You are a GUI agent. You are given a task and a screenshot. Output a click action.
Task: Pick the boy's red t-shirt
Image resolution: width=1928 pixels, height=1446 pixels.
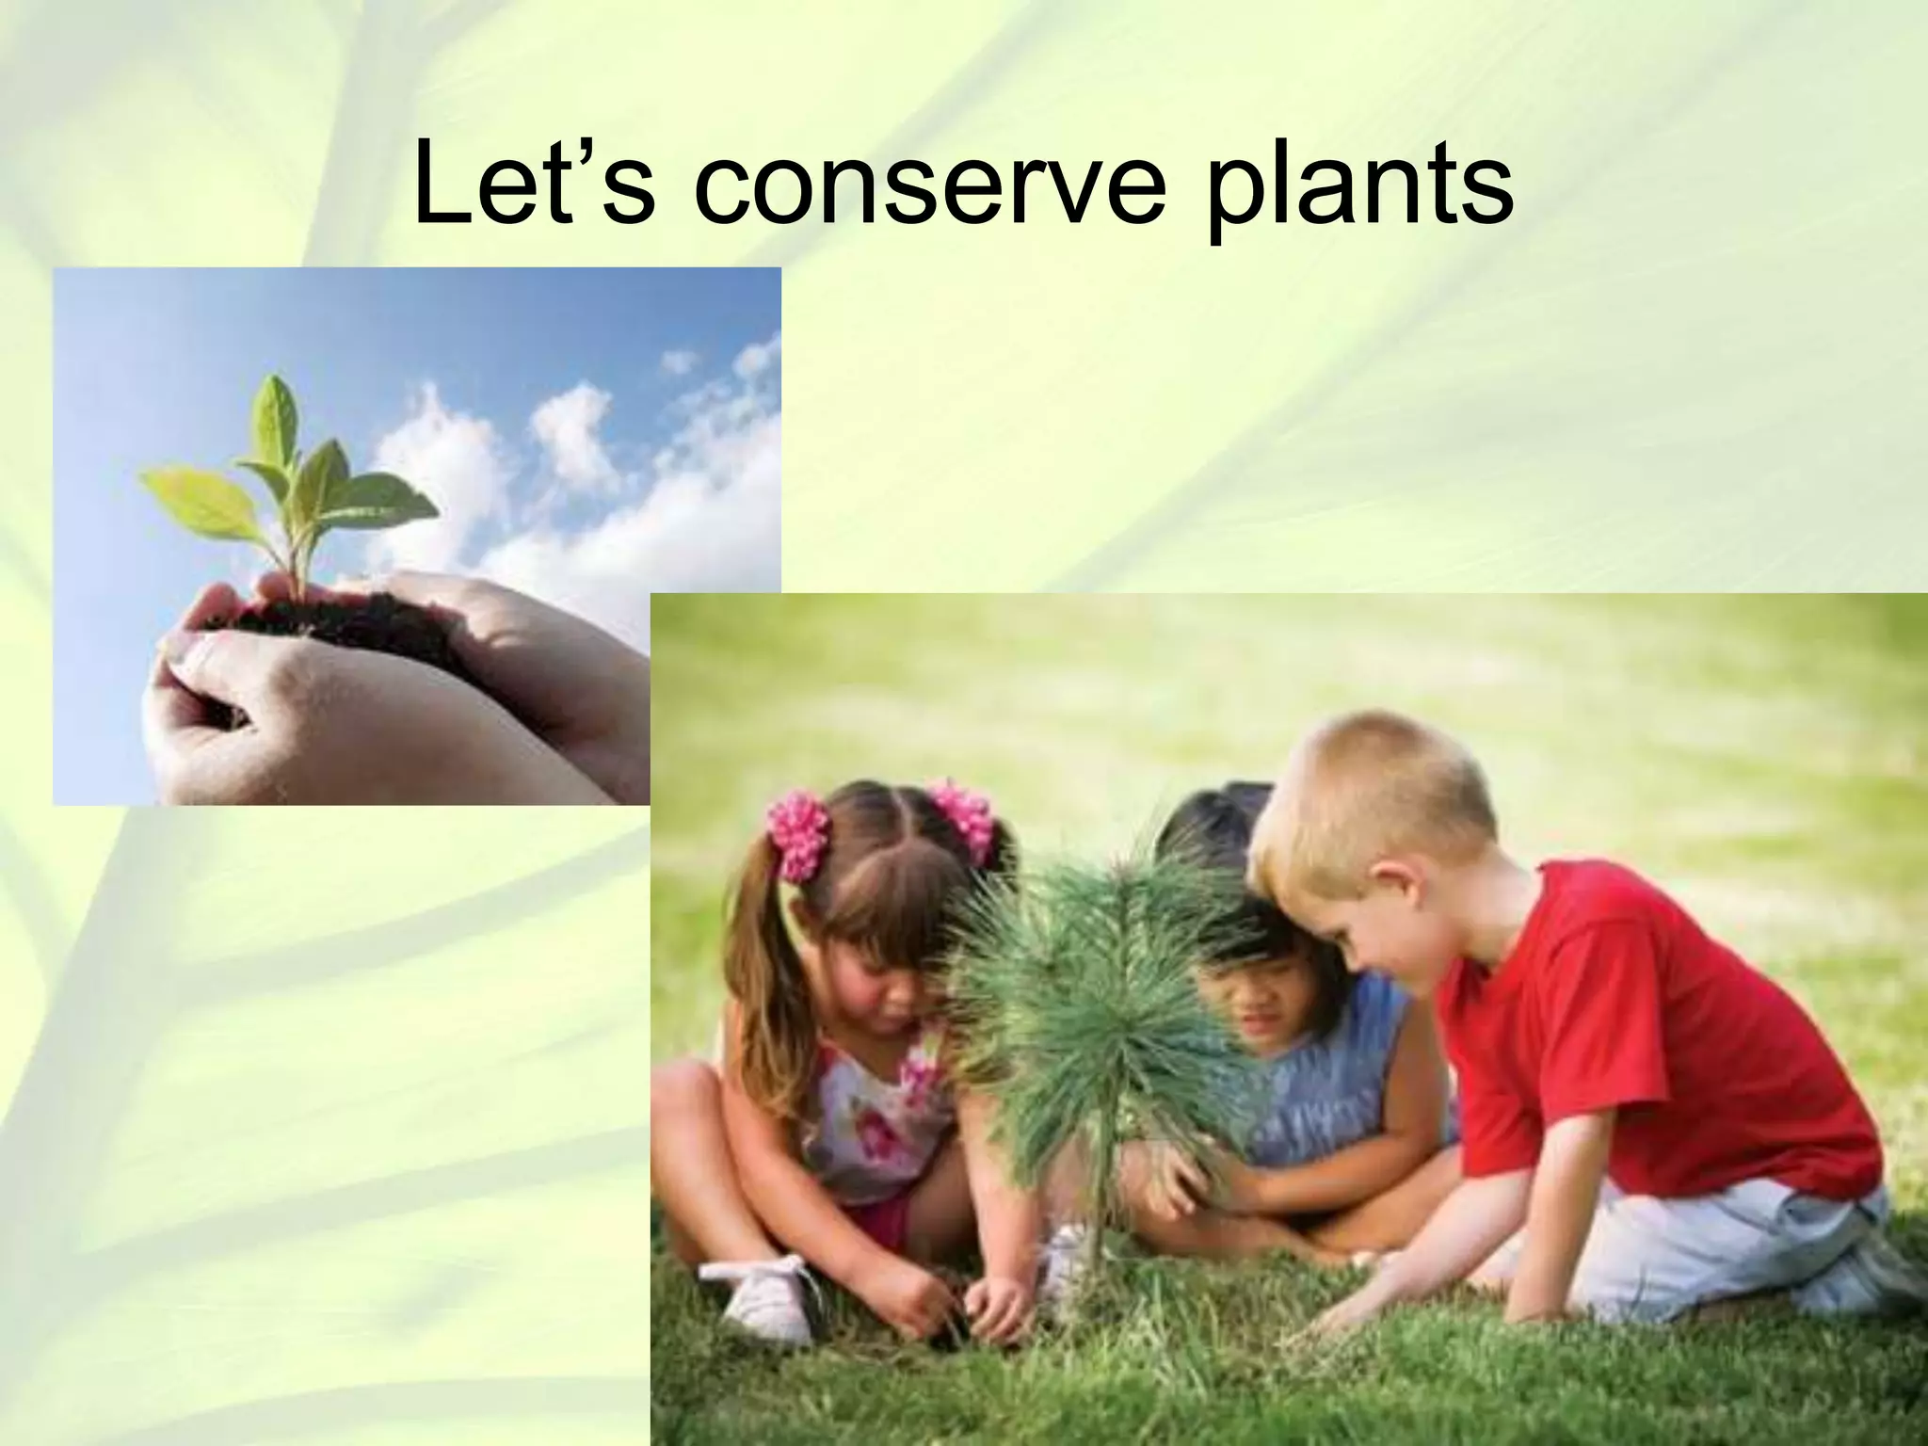pos(1638,1036)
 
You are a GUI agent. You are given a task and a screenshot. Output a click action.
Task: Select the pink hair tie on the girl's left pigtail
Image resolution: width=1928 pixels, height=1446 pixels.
pos(798,833)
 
